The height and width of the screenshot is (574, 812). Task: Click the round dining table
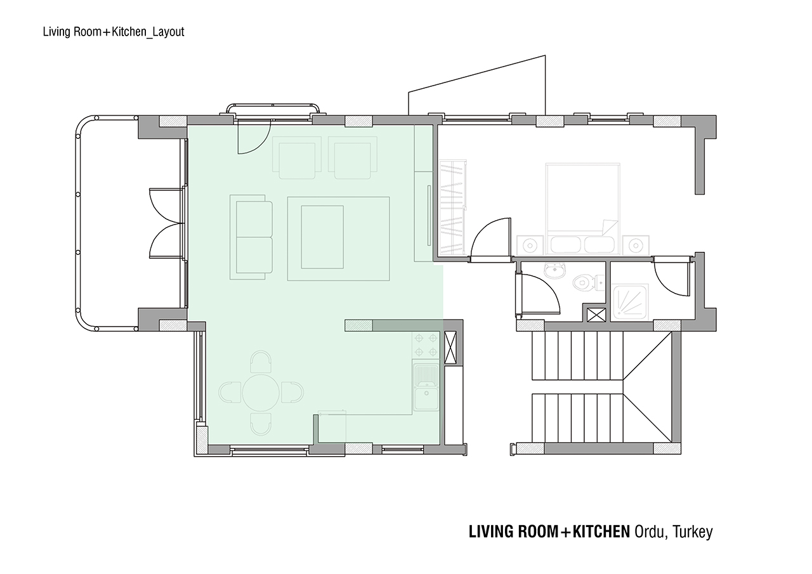[261, 393]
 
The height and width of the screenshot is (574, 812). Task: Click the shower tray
[630, 303]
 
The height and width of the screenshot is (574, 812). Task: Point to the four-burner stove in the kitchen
[426, 345]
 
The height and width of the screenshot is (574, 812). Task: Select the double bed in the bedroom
[582, 209]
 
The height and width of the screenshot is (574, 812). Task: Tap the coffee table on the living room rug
[322, 237]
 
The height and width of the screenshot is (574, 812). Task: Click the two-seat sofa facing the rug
[251, 237]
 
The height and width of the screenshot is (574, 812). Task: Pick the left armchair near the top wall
[297, 158]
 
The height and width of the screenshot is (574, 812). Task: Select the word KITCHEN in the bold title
[601, 532]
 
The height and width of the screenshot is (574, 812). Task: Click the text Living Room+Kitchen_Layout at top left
[114, 32]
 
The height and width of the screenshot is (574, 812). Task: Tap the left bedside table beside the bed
[530, 245]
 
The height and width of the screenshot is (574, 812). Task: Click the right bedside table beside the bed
[636, 245]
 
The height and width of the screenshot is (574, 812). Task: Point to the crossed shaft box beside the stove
[450, 348]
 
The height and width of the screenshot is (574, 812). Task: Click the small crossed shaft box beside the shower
[596, 315]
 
